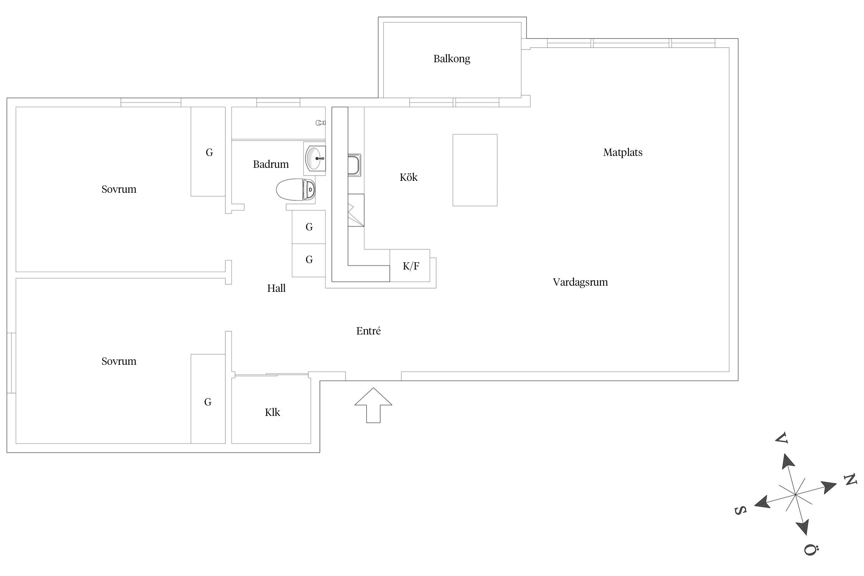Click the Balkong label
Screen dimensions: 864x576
(452, 59)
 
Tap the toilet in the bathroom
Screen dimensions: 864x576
(296, 190)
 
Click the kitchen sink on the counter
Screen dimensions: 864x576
(354, 165)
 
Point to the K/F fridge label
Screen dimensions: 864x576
(411, 266)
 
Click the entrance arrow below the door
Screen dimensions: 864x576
(373, 405)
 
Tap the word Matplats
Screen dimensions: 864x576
(622, 152)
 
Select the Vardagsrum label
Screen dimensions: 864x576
(580, 282)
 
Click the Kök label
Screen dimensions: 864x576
(409, 177)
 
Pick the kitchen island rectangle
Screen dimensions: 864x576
(475, 170)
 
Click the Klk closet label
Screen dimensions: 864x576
(273, 412)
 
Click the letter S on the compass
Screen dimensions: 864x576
(740, 510)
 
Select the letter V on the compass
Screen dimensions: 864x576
(781, 438)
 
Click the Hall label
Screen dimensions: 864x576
(276, 288)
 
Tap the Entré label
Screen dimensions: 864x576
(368, 331)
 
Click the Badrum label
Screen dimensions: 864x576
(271, 164)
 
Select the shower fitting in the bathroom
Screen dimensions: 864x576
(321, 123)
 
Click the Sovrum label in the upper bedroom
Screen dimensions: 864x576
(119, 189)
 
